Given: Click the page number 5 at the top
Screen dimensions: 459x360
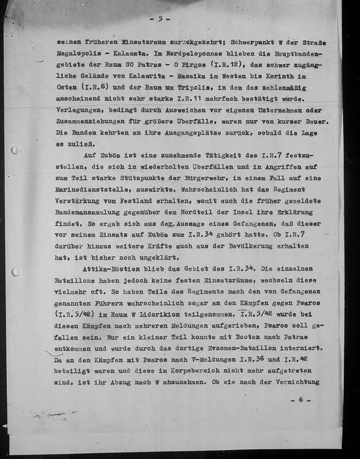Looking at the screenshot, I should point(160,18).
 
